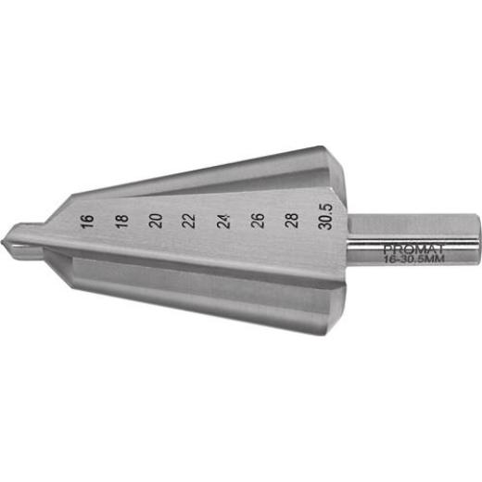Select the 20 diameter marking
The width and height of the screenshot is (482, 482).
pyautogui.click(x=155, y=221)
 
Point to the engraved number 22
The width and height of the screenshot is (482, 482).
pyautogui.click(x=189, y=221)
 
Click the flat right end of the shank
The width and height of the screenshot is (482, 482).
pyautogui.click(x=477, y=242)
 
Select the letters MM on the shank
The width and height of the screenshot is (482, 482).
pyautogui.click(x=435, y=260)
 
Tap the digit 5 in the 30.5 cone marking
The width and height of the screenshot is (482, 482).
pyautogui.click(x=326, y=208)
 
